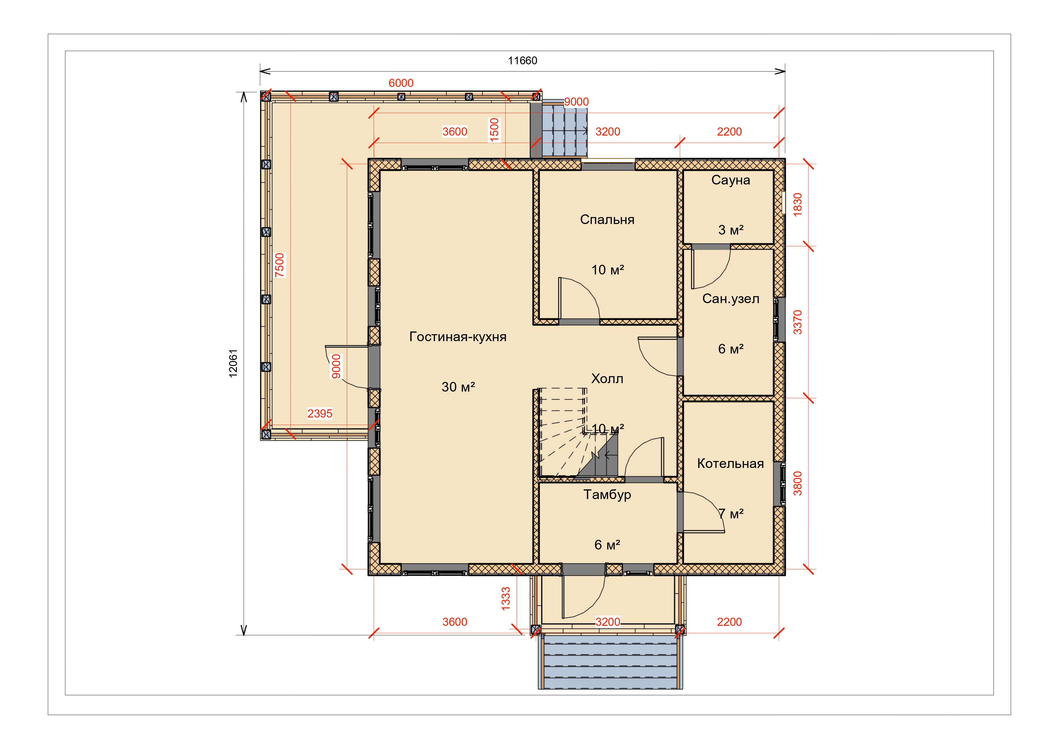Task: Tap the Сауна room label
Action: pos(731,180)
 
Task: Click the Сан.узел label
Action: pos(731,299)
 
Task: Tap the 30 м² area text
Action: pos(458,387)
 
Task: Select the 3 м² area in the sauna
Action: pos(731,230)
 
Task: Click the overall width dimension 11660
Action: pos(523,60)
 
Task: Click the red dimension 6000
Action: pos(401,83)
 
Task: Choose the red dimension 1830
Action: pos(797,204)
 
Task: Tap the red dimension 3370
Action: pos(797,322)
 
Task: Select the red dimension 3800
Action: pos(797,483)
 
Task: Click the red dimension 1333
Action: pos(506,599)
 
